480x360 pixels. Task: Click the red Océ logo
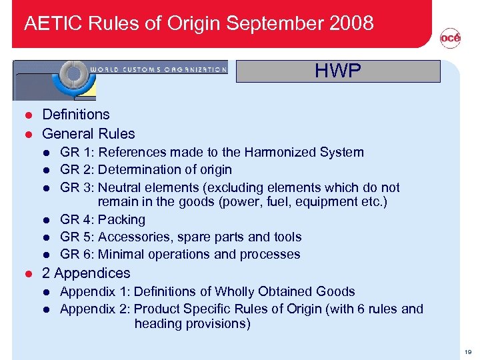click(x=450, y=39)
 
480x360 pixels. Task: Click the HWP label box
click(x=338, y=71)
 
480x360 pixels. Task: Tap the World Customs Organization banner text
click(x=158, y=69)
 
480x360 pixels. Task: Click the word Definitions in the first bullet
click(x=76, y=115)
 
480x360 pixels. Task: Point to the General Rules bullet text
click(x=89, y=133)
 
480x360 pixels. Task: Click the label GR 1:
click(x=77, y=152)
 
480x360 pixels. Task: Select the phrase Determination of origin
click(x=165, y=169)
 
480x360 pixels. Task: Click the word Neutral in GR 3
click(x=121, y=187)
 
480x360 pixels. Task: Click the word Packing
click(x=121, y=219)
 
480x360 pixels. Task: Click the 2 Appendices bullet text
click(x=86, y=273)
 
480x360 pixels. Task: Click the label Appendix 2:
click(x=95, y=309)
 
